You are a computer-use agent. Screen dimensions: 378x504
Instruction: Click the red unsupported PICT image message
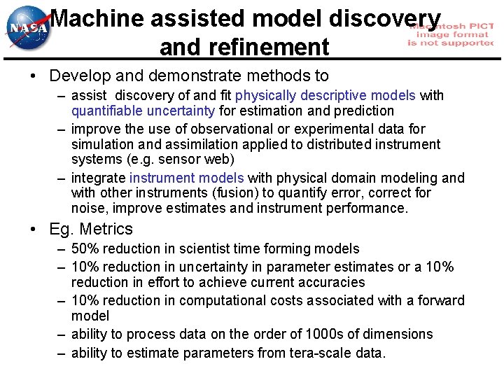click(451, 33)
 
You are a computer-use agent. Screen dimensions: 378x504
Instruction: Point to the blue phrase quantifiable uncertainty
click(143, 111)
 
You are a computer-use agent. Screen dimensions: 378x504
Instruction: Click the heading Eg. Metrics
click(90, 229)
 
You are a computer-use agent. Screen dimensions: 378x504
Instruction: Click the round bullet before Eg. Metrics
click(36, 229)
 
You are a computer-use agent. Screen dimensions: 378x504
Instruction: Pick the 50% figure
click(85, 248)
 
